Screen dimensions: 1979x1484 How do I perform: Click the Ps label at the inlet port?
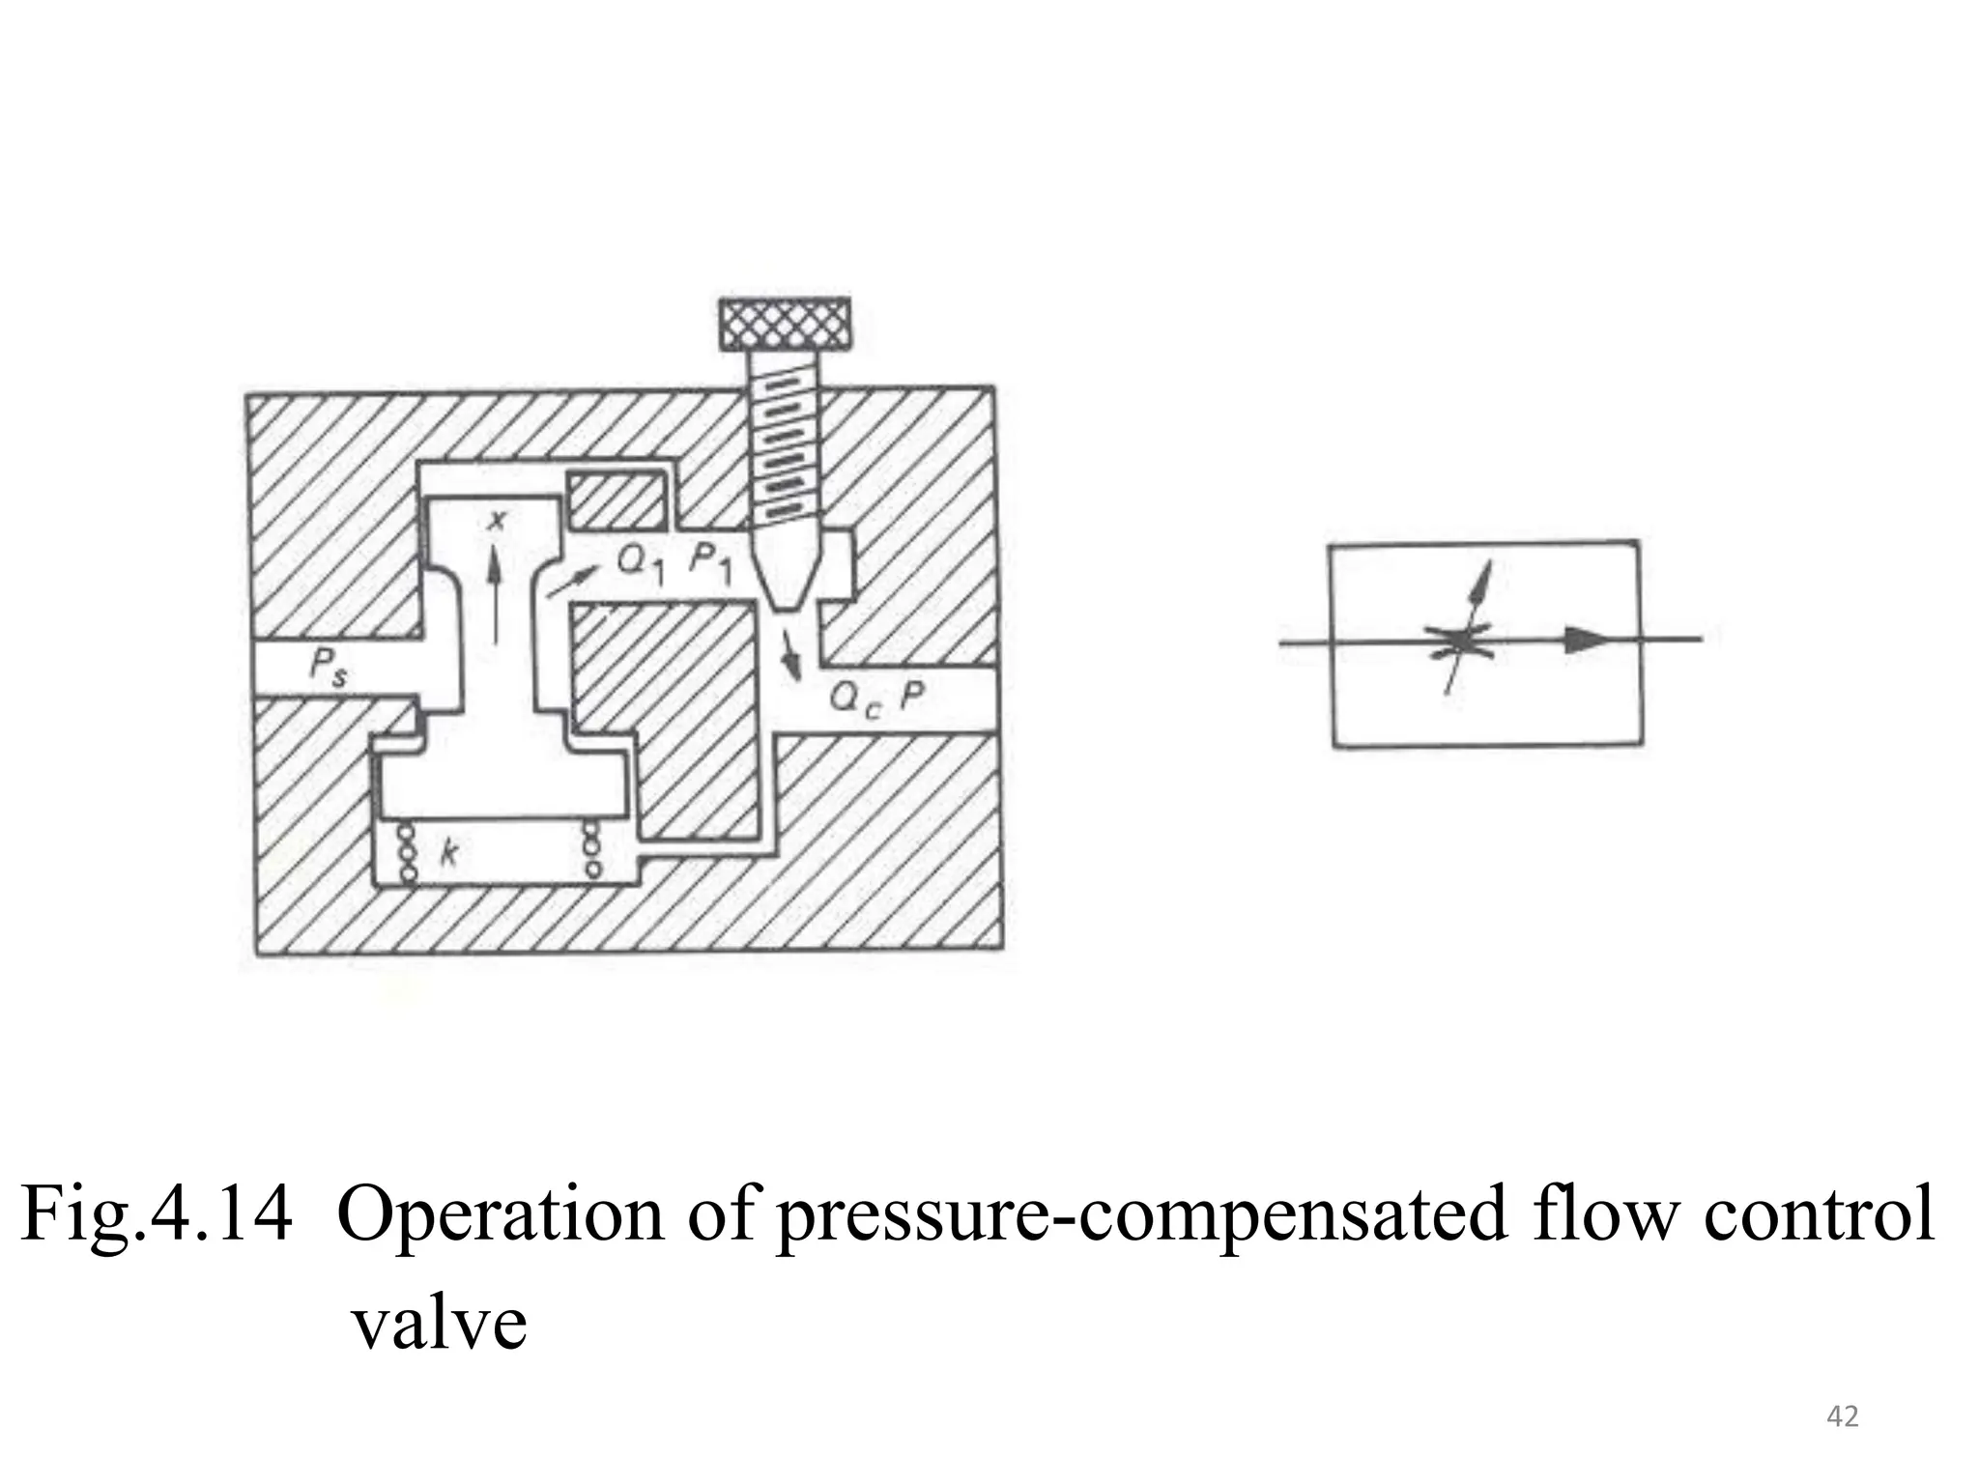coord(329,669)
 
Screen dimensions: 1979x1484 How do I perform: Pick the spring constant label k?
coord(447,851)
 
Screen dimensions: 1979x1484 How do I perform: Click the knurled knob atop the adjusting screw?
coord(785,325)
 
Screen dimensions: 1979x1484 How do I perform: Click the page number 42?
coord(1843,1417)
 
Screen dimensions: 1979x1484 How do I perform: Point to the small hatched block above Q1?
coord(617,501)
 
